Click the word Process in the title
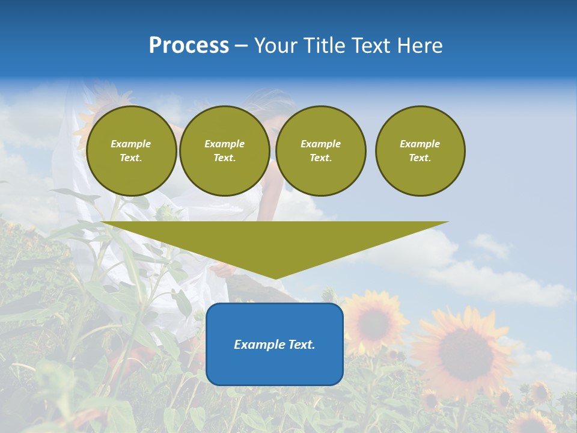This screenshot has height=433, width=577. [x=189, y=46]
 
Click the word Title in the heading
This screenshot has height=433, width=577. [x=325, y=46]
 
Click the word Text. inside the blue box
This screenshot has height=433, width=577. [x=300, y=345]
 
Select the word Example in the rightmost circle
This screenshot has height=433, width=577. [x=420, y=144]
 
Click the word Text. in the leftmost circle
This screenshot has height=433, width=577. [x=131, y=158]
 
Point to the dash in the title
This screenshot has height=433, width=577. [x=241, y=46]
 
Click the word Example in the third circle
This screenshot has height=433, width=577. [x=320, y=144]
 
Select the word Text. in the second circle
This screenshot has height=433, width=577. [x=224, y=158]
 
